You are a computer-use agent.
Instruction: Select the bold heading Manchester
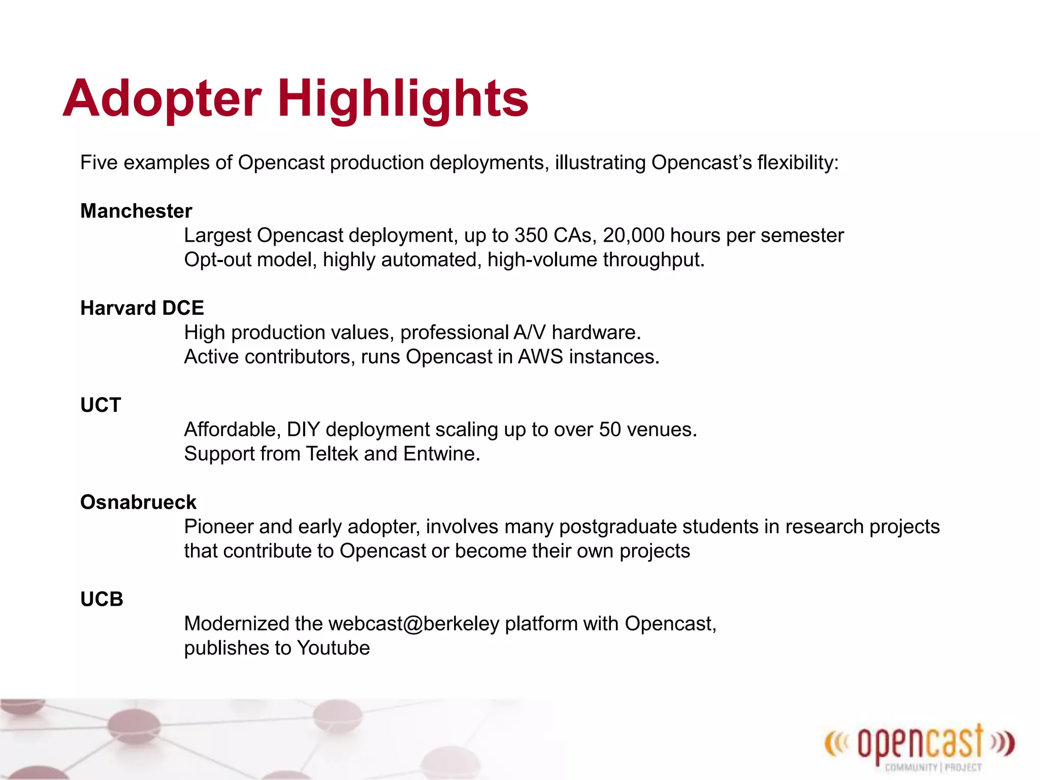(136, 211)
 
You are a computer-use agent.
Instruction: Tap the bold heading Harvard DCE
(142, 308)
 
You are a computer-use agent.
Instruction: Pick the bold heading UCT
(101, 405)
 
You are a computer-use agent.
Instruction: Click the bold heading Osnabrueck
(138, 502)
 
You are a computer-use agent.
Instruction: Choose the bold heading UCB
(102, 599)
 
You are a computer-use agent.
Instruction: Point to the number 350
(531, 236)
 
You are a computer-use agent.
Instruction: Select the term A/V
(529, 333)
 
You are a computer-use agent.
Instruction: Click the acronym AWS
(540, 357)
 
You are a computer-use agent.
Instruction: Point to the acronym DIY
(303, 430)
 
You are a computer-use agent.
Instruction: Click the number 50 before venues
(610, 430)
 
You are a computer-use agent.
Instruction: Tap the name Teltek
(332, 453)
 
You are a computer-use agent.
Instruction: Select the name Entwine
(441, 453)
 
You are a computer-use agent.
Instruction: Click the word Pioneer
(218, 527)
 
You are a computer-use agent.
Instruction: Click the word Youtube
(334, 648)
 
